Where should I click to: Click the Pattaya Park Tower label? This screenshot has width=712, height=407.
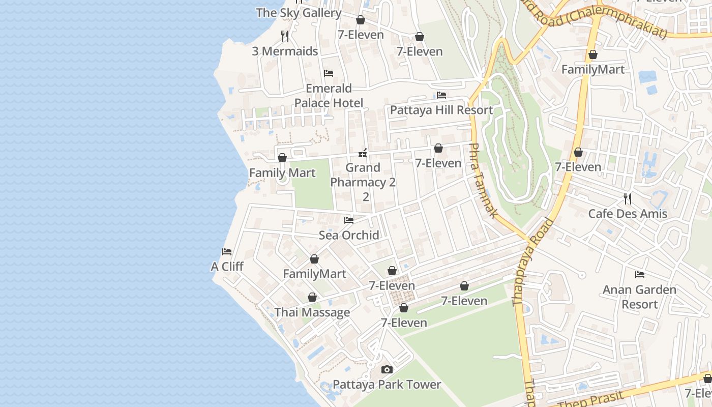point(387,384)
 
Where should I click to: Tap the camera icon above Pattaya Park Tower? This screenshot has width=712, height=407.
point(387,370)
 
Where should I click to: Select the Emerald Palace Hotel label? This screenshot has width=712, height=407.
point(329,96)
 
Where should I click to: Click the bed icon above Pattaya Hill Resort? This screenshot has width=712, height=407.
point(441,95)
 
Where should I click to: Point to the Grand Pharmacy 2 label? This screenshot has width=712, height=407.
point(363,175)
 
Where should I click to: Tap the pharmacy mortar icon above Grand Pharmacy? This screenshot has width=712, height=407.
point(363,153)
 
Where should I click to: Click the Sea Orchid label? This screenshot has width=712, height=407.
point(349,235)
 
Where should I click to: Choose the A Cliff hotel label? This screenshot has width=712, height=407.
point(227,267)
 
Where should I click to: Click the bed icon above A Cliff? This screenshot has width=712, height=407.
point(227,251)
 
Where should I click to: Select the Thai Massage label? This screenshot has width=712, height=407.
point(312,312)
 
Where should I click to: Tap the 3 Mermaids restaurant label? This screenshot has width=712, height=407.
point(285,51)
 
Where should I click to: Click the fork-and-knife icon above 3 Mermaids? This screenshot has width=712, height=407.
point(285,36)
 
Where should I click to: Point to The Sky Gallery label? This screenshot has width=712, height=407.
point(299,13)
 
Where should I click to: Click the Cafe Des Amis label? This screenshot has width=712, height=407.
point(628,214)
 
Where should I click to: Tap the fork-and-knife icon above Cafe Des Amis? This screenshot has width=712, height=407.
point(628,198)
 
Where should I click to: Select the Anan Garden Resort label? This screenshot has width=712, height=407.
point(640,297)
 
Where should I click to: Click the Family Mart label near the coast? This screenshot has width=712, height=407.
point(282,173)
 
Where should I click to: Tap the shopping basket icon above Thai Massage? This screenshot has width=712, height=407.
point(312,297)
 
